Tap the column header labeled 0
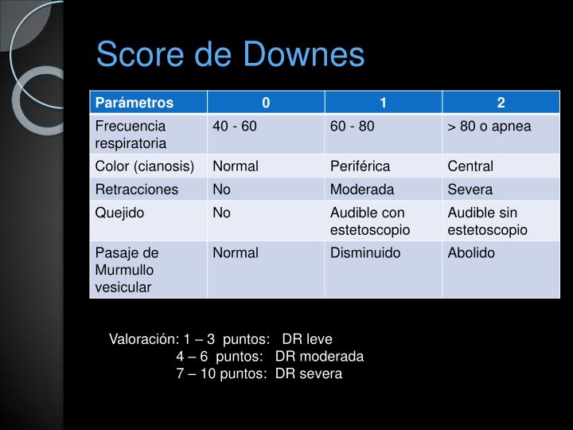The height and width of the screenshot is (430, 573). tap(266, 103)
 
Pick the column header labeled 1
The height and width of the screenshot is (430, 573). tap(383, 103)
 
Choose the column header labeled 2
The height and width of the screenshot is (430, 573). tap(501, 103)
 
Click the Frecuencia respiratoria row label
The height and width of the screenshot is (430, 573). tap(131, 135)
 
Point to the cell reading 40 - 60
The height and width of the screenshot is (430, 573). tap(235, 127)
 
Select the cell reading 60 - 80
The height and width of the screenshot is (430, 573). tap(353, 127)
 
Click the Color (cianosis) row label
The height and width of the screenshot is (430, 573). tap(144, 166)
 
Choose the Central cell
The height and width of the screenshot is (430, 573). tap(470, 166)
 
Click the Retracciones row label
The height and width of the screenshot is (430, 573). tap(137, 190)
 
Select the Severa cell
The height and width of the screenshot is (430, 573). tap(470, 190)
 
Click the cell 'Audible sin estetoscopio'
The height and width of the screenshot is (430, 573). tap(488, 221)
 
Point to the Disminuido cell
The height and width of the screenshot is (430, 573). tap(365, 252)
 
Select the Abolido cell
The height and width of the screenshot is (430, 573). tap(471, 252)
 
